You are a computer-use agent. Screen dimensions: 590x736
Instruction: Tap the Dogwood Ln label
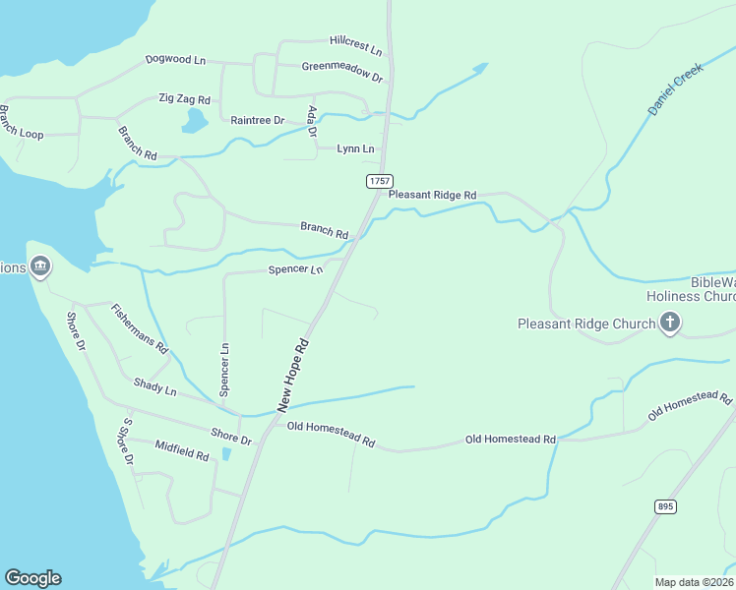pos(175,60)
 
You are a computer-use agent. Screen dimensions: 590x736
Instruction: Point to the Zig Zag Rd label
pos(185,100)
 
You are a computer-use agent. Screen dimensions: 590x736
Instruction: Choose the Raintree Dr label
pos(257,120)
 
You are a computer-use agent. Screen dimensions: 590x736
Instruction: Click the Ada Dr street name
pos(313,120)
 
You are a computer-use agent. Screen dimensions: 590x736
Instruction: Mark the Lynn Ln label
pos(355,148)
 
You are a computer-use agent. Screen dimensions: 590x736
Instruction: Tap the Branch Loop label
pos(21,122)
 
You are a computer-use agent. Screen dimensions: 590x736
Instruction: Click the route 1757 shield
pos(380,181)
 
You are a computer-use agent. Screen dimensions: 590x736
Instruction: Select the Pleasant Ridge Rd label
pos(432,195)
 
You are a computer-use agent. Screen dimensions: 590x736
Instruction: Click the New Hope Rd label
pos(293,376)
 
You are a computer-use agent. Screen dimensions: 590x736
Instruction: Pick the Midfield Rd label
pos(182,450)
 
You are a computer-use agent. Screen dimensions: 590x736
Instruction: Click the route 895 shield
pos(666,505)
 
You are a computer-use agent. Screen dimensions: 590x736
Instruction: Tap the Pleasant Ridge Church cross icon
pos(670,323)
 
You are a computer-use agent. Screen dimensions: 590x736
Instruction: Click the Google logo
pos(32,578)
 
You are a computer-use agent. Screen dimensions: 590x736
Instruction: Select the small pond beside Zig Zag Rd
pos(195,121)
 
